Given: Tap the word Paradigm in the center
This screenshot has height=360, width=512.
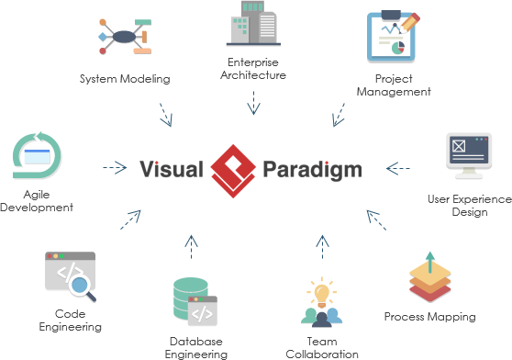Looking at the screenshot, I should point(312,169).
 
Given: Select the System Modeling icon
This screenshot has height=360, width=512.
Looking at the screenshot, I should point(126,37).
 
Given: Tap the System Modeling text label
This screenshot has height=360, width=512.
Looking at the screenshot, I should point(125,79).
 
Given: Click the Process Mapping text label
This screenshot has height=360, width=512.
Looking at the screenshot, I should point(429,317).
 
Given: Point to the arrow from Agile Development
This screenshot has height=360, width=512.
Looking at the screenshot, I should point(114,168).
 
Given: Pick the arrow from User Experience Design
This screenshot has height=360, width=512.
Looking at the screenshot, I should point(397,168).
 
